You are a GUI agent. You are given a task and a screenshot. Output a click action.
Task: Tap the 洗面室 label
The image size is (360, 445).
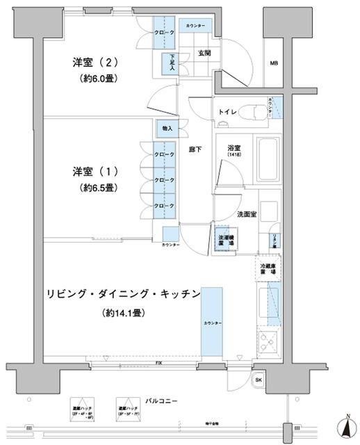(247, 214)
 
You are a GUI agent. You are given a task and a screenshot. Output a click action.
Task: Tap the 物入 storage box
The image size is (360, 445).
(167, 129)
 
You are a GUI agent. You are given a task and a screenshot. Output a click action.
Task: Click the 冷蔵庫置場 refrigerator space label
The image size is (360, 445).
(268, 269)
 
